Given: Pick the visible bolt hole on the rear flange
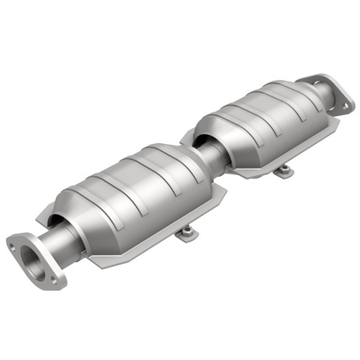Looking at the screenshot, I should [344, 104].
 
